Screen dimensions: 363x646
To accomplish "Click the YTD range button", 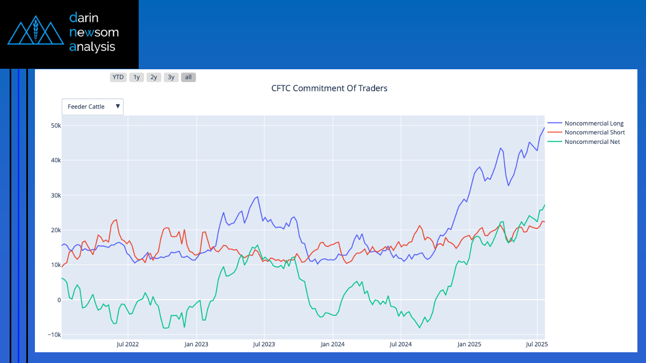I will pos(118,77).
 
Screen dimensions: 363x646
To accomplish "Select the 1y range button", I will pos(137,77).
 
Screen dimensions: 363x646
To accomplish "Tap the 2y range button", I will pos(154,77).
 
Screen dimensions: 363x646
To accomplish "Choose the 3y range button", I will pos(171,77).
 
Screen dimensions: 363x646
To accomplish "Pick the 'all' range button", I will pos(188,77).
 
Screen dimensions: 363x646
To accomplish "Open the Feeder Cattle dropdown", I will pos(92,107).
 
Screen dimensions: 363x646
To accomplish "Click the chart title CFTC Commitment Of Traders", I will pos(329,88).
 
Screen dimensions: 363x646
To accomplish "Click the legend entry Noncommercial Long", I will pos(593,124).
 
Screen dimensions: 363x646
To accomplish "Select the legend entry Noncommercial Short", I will pos(594,133).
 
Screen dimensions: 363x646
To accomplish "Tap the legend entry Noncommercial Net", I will pos(592,142).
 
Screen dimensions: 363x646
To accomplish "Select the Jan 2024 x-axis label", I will pos(332,344).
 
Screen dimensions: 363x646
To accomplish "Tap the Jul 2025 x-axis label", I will pos(536,344).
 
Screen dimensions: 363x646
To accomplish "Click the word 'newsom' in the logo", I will pos(94,32).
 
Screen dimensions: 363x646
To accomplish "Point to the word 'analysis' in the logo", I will pos(92,47).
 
